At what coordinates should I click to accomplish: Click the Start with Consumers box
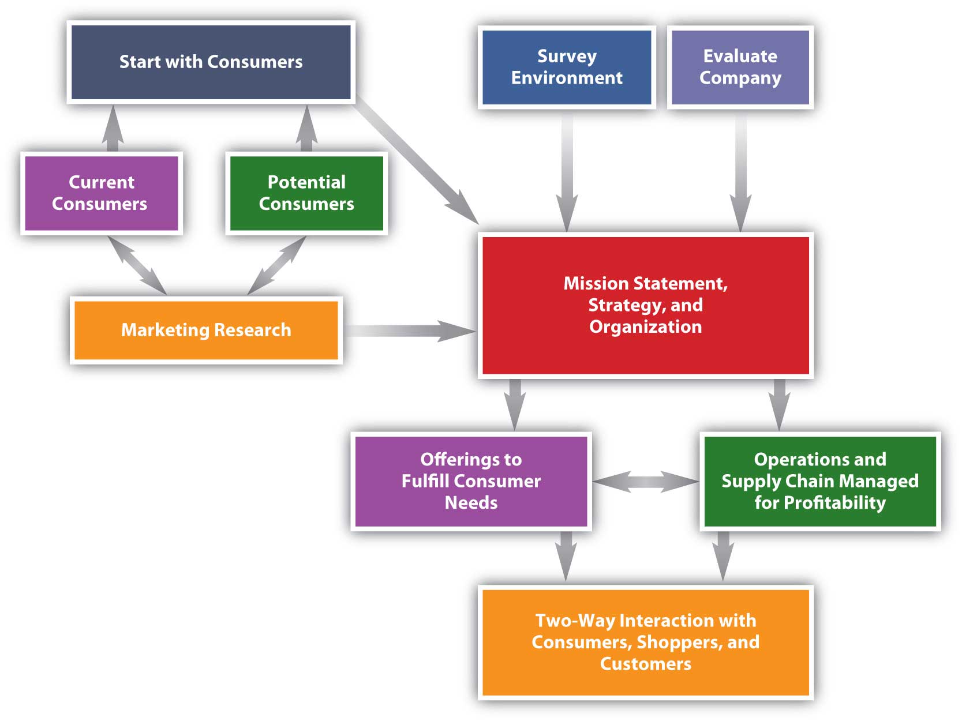211,62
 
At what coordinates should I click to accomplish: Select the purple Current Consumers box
101,193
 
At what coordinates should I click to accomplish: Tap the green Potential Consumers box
306,193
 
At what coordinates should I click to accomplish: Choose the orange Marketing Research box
206,330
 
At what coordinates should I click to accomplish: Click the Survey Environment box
567,67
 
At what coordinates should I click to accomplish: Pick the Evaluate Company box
740,67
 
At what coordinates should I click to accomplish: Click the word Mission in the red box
596,284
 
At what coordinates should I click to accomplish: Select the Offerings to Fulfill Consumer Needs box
471,480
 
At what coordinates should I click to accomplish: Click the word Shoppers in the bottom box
678,643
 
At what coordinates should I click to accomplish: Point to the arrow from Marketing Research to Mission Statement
410,331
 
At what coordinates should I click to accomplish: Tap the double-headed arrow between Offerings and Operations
645,481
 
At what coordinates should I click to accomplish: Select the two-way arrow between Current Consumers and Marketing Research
137,265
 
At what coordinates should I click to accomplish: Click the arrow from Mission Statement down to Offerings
515,404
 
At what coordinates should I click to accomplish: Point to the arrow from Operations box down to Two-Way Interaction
723,555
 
